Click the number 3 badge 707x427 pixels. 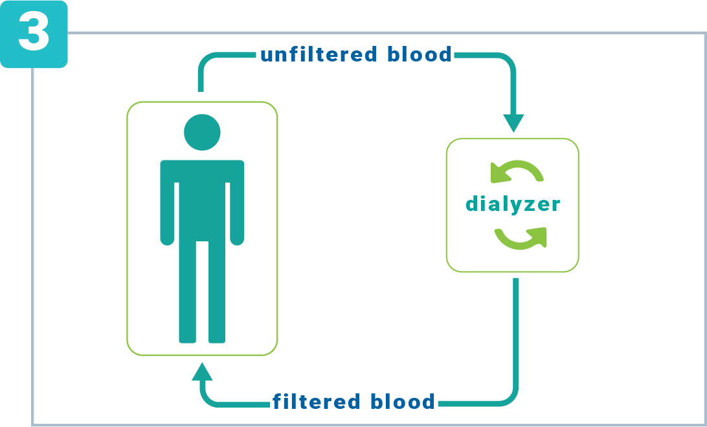point(33,34)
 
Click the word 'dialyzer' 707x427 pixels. point(513,204)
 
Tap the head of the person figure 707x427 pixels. point(202,132)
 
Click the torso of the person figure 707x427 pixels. point(202,201)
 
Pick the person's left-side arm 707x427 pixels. point(167,207)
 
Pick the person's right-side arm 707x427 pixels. point(237,207)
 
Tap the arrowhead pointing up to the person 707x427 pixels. point(202,372)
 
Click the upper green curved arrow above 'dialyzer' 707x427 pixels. point(517,172)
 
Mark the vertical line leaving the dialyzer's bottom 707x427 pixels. point(515,330)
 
